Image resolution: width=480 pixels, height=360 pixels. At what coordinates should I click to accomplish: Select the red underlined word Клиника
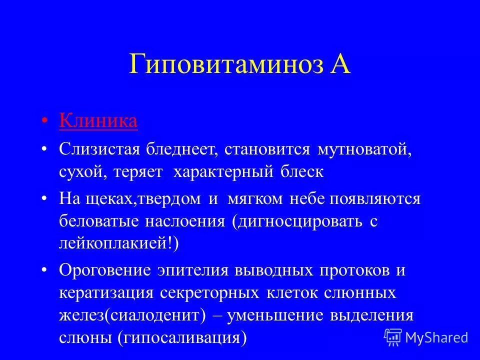click(x=98, y=121)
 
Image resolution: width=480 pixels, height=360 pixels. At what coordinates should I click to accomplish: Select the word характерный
click(x=223, y=172)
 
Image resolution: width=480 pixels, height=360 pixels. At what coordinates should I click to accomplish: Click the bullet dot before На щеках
click(x=45, y=198)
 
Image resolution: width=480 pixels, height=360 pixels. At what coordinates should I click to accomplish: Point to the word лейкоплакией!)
click(x=118, y=243)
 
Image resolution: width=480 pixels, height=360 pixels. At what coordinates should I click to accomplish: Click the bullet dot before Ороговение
click(x=45, y=270)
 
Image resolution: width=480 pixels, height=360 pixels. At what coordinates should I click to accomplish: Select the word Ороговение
click(x=105, y=270)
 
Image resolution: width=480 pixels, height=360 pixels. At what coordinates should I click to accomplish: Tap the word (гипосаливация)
click(x=182, y=338)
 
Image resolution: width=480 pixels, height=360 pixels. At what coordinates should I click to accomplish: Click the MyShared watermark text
click(x=437, y=337)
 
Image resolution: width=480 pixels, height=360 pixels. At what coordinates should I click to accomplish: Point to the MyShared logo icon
click(x=393, y=337)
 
